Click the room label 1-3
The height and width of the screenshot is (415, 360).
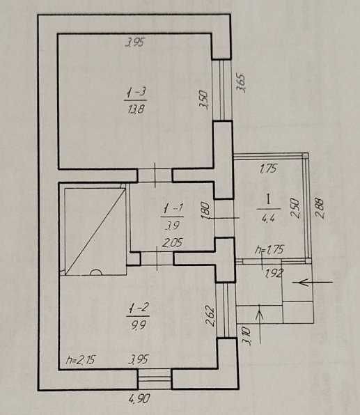click(136, 93)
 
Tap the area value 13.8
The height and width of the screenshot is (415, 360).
click(136, 109)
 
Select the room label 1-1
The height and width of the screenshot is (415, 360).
click(173, 209)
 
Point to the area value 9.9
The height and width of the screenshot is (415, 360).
click(138, 324)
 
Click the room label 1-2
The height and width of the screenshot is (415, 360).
click(139, 308)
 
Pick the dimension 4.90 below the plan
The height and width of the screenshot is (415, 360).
click(139, 398)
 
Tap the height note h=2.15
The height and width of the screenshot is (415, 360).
click(81, 360)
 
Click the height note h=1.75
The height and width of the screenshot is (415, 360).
click(269, 249)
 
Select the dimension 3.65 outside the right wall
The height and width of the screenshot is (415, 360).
click(242, 82)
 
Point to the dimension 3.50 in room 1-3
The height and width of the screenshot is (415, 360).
click(204, 100)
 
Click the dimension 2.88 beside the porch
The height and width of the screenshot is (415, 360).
click(319, 208)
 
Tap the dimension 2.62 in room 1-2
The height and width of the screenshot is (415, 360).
click(210, 315)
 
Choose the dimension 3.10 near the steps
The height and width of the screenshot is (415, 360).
click(246, 336)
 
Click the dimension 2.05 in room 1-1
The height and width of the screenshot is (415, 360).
click(172, 243)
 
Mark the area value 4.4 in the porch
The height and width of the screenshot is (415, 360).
click(268, 219)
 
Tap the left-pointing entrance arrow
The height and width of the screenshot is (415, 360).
click(313, 283)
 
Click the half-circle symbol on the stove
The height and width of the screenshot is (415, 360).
click(96, 272)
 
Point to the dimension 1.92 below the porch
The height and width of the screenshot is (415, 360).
click(274, 273)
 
